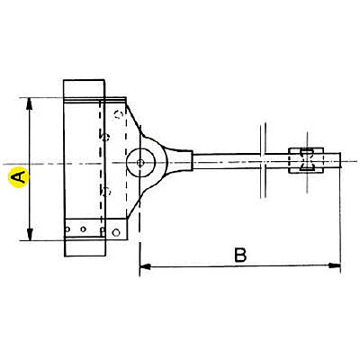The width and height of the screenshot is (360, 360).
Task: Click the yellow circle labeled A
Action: (19, 177)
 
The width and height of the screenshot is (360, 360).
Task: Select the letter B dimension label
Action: (240, 255)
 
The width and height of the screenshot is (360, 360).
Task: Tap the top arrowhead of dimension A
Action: (29, 103)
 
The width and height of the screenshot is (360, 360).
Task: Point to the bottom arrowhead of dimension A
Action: (30, 235)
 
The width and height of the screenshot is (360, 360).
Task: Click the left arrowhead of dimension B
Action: (145, 266)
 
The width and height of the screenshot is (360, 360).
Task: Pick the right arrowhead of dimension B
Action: (335, 265)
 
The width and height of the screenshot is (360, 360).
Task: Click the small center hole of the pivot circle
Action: (140, 163)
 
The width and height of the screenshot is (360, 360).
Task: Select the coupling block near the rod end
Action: (306, 160)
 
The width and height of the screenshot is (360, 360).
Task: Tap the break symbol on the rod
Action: (263, 160)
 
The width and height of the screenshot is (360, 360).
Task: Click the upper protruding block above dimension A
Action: (84, 88)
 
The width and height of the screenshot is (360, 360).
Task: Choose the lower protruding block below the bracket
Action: (85, 247)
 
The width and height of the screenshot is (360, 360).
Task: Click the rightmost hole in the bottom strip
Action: (116, 232)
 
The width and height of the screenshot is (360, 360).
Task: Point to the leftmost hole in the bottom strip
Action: (67, 229)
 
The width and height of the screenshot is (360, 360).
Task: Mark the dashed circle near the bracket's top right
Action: (119, 114)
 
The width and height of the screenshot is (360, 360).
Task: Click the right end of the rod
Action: (340, 160)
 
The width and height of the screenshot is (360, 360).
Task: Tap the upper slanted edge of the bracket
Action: (134, 119)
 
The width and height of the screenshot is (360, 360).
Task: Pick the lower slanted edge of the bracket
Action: (134, 203)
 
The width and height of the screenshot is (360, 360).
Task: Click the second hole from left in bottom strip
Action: (84, 229)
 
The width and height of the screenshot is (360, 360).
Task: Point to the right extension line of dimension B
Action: (341, 220)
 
